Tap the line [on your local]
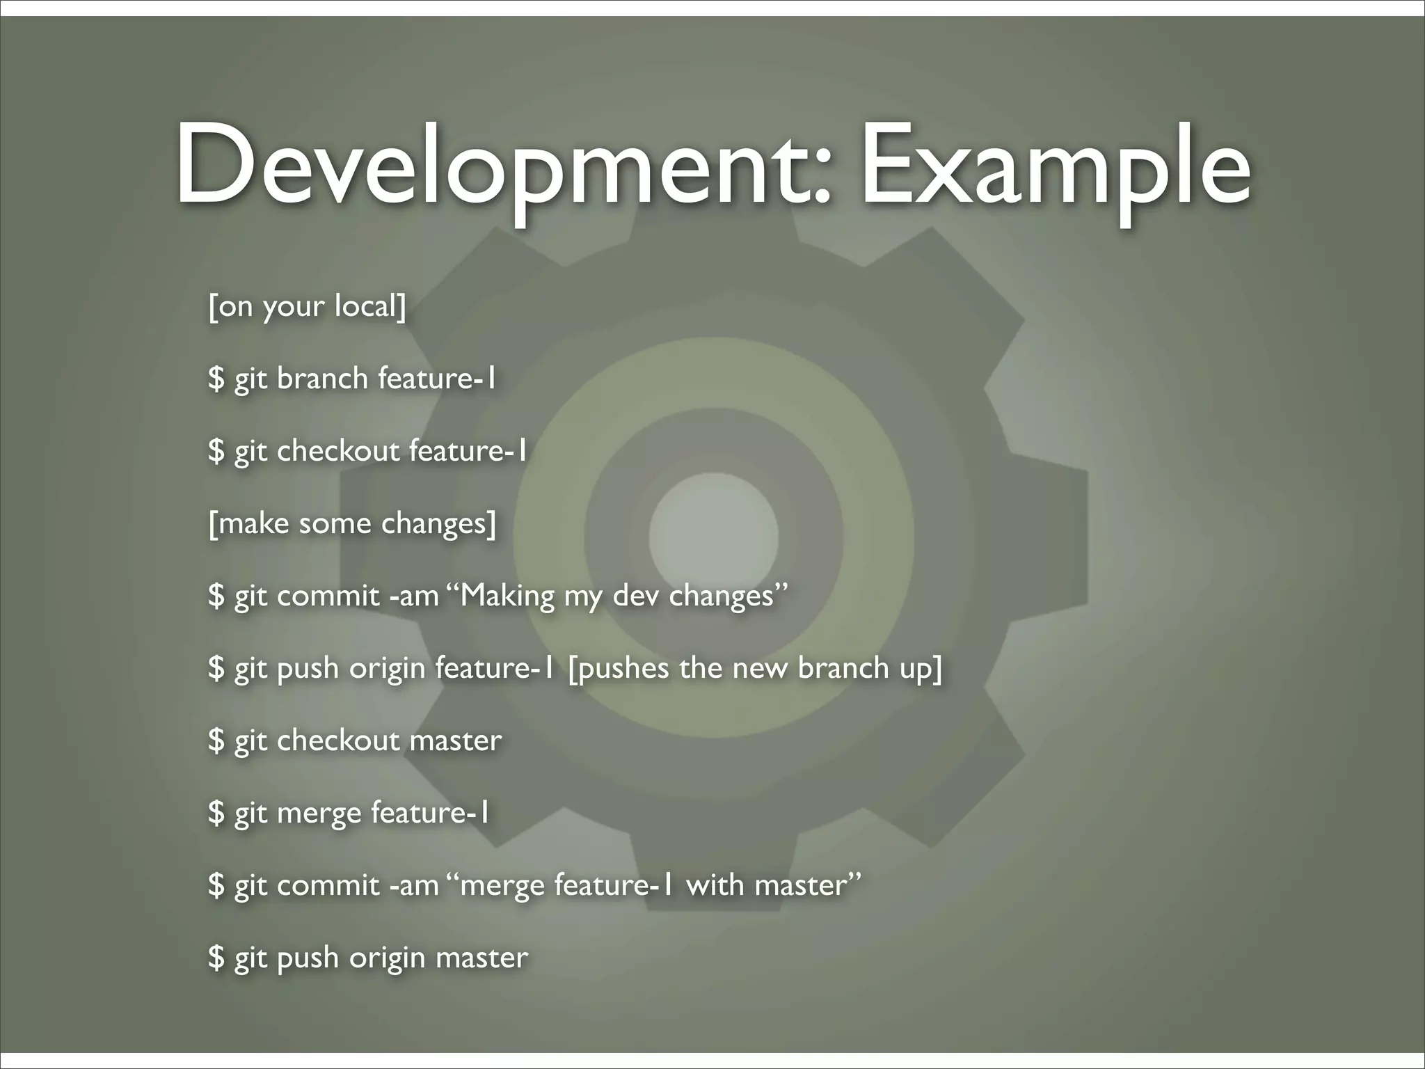[307, 306]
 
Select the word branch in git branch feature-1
[322, 379]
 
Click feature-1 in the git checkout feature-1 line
[468, 451]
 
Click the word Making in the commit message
[507, 596]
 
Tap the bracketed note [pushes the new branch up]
[755, 668]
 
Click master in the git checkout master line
[456, 741]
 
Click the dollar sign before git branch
[216, 379]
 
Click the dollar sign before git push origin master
[216, 958]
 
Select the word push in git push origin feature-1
[308, 669]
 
